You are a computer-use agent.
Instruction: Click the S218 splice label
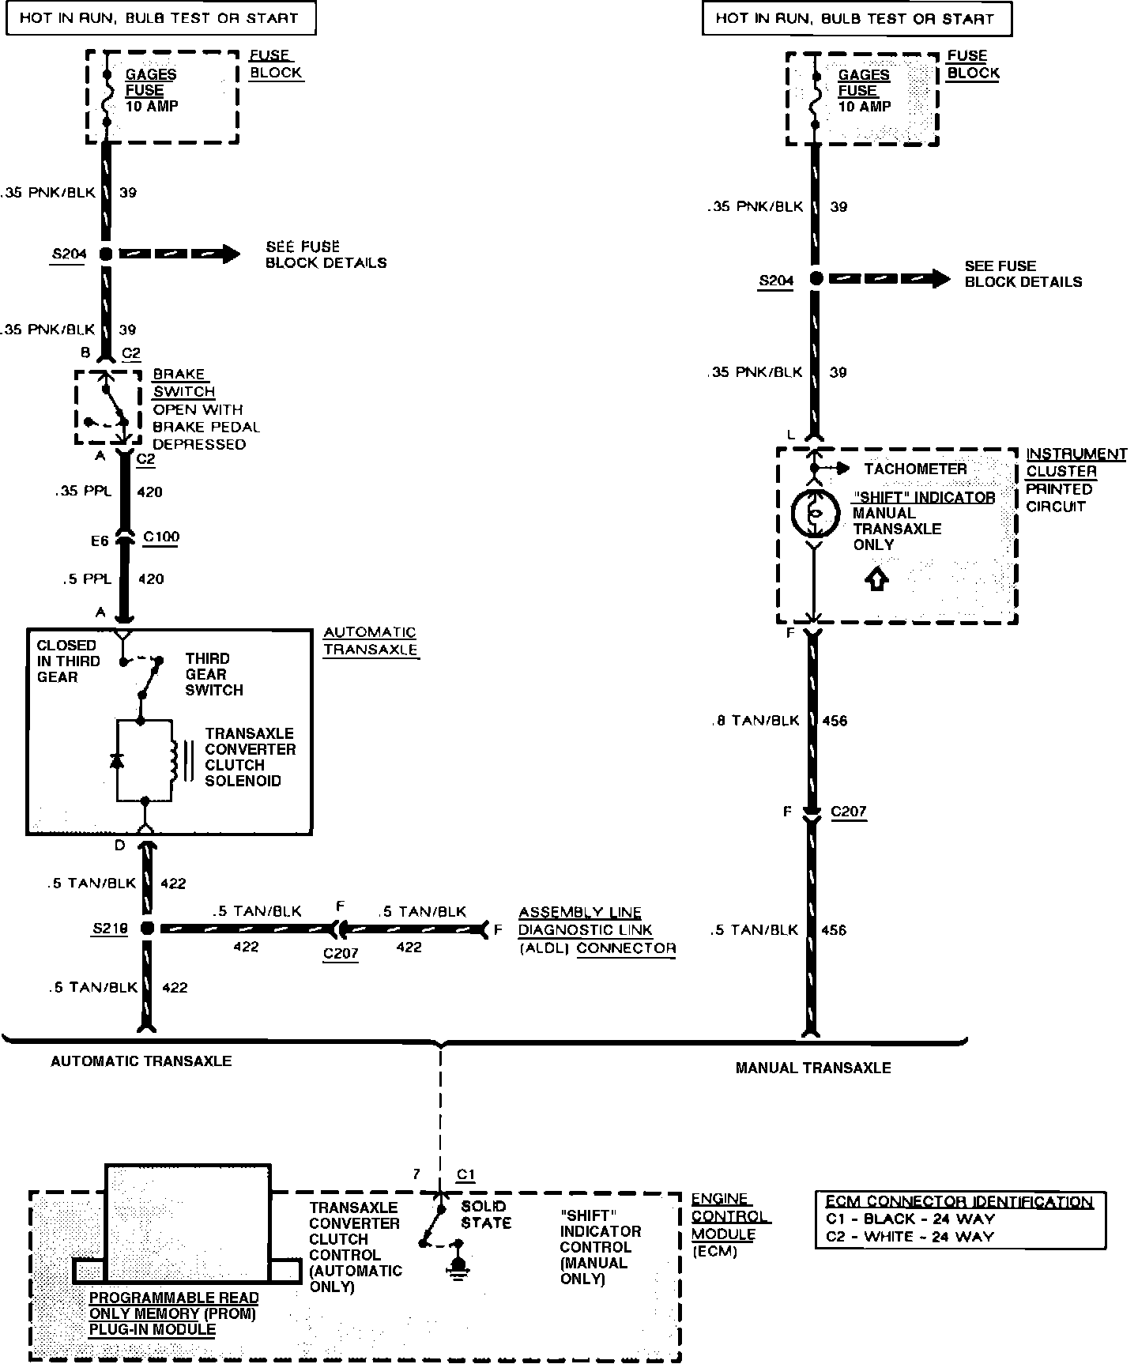110,929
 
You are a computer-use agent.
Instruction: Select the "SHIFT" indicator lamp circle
814,514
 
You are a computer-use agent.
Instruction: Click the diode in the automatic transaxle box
117,761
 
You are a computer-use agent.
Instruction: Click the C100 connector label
161,537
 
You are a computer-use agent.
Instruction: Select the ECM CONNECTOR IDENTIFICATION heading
959,1202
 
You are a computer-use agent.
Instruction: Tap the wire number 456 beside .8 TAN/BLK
835,721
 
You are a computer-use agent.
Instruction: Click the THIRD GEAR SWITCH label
214,674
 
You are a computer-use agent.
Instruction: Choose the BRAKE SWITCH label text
183,382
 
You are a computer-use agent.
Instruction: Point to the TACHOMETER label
915,469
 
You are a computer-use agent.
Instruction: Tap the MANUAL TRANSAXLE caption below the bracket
813,1068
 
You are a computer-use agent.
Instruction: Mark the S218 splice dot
147,929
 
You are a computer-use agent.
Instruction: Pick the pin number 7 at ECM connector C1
416,1174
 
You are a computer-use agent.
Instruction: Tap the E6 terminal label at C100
99,541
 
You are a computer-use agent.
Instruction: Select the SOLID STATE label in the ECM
486,1215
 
